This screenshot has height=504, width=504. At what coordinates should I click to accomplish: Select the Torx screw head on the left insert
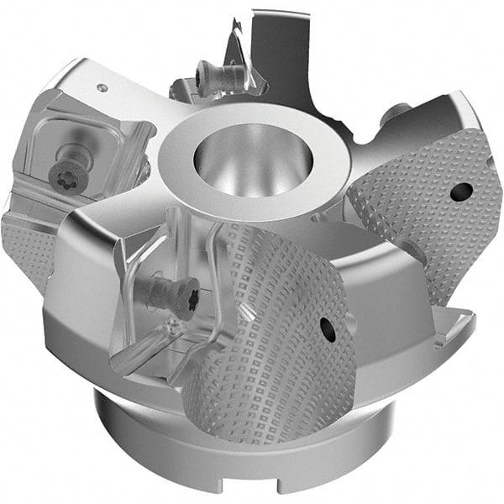click(65, 174)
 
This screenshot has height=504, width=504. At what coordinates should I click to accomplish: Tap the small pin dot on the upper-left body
click(101, 87)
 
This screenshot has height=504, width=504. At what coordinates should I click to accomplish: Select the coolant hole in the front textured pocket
click(328, 330)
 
